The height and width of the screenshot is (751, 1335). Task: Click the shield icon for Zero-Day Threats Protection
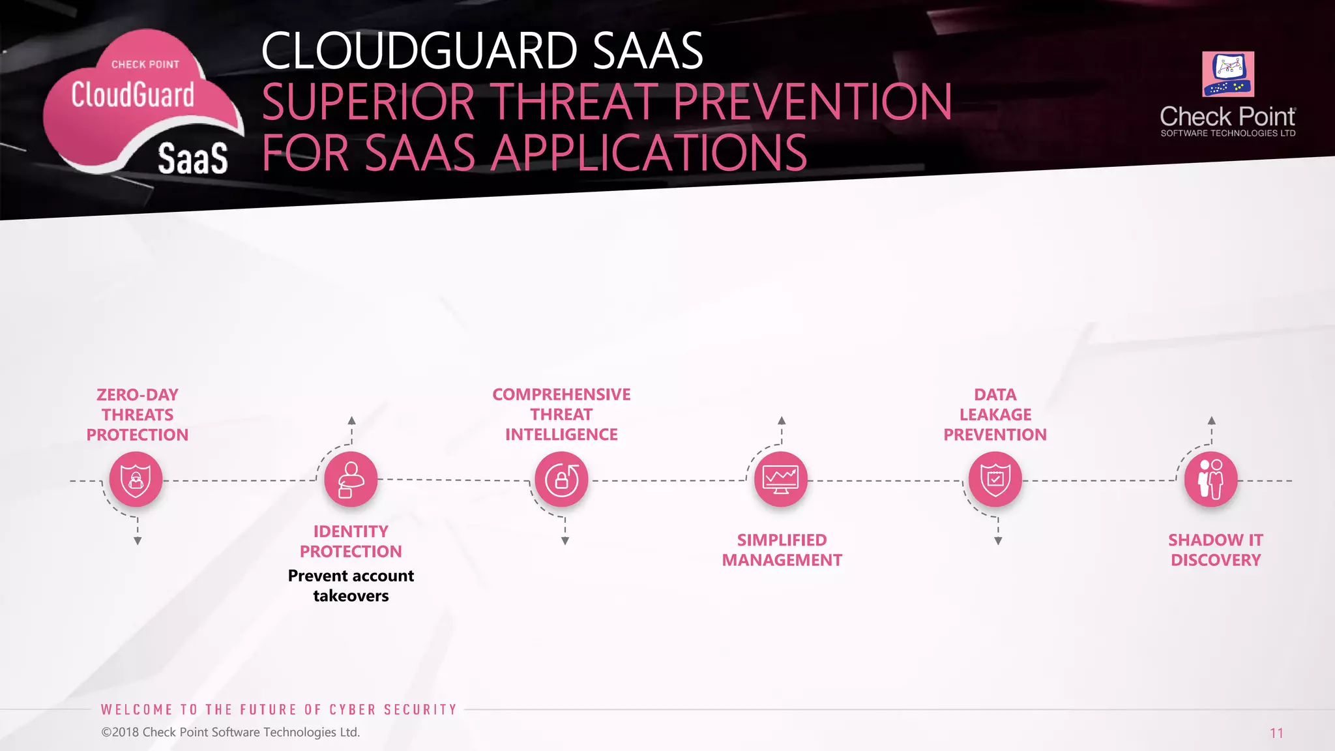point(136,480)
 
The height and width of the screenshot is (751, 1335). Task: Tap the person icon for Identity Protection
point(351,480)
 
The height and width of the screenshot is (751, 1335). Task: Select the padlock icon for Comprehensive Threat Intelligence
point(561,480)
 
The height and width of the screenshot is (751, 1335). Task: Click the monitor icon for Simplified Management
point(780,480)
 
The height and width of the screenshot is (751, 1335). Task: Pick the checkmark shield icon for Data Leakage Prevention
point(995,480)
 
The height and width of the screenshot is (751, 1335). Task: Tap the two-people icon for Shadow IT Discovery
point(1210,480)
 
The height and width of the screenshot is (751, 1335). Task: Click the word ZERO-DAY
point(137,394)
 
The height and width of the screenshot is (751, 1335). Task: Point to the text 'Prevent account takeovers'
point(351,585)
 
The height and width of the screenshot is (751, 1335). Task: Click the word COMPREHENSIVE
point(561,394)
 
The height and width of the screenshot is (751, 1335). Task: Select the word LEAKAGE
point(995,415)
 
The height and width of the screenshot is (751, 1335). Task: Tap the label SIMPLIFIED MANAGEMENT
point(782,550)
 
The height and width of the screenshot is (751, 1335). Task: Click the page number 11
point(1276,733)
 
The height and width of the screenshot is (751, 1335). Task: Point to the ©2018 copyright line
point(230,732)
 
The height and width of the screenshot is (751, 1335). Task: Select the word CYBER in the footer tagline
point(353,709)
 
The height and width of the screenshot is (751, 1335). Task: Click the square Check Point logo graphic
point(1228,74)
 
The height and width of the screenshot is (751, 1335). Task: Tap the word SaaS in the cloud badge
point(193,158)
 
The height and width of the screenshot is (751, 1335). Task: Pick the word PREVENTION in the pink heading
point(812,102)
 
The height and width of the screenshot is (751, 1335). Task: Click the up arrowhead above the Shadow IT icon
point(1211,420)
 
